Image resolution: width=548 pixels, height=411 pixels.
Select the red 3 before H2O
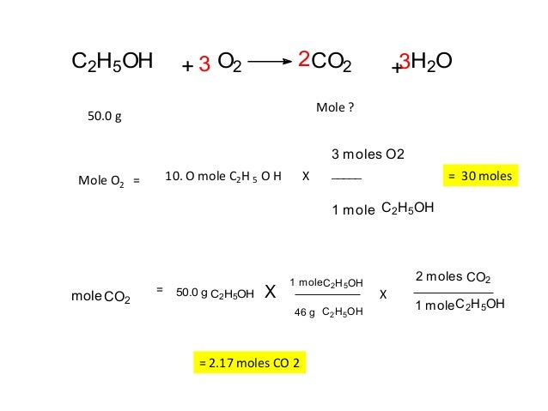tap(405, 63)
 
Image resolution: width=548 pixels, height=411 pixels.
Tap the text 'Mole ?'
tap(336, 109)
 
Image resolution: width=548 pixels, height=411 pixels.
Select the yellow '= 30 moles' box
tap(479, 176)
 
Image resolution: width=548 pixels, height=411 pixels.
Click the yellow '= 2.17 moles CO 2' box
tap(249, 364)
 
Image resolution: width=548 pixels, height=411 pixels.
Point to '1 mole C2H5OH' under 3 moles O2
tap(382, 208)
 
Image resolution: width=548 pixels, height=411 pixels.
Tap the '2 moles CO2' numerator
tap(453, 277)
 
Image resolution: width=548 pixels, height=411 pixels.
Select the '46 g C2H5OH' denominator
tap(329, 312)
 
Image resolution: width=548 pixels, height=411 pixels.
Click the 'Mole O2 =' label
tap(108, 181)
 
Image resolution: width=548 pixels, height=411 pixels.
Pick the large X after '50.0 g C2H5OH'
tap(270, 293)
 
